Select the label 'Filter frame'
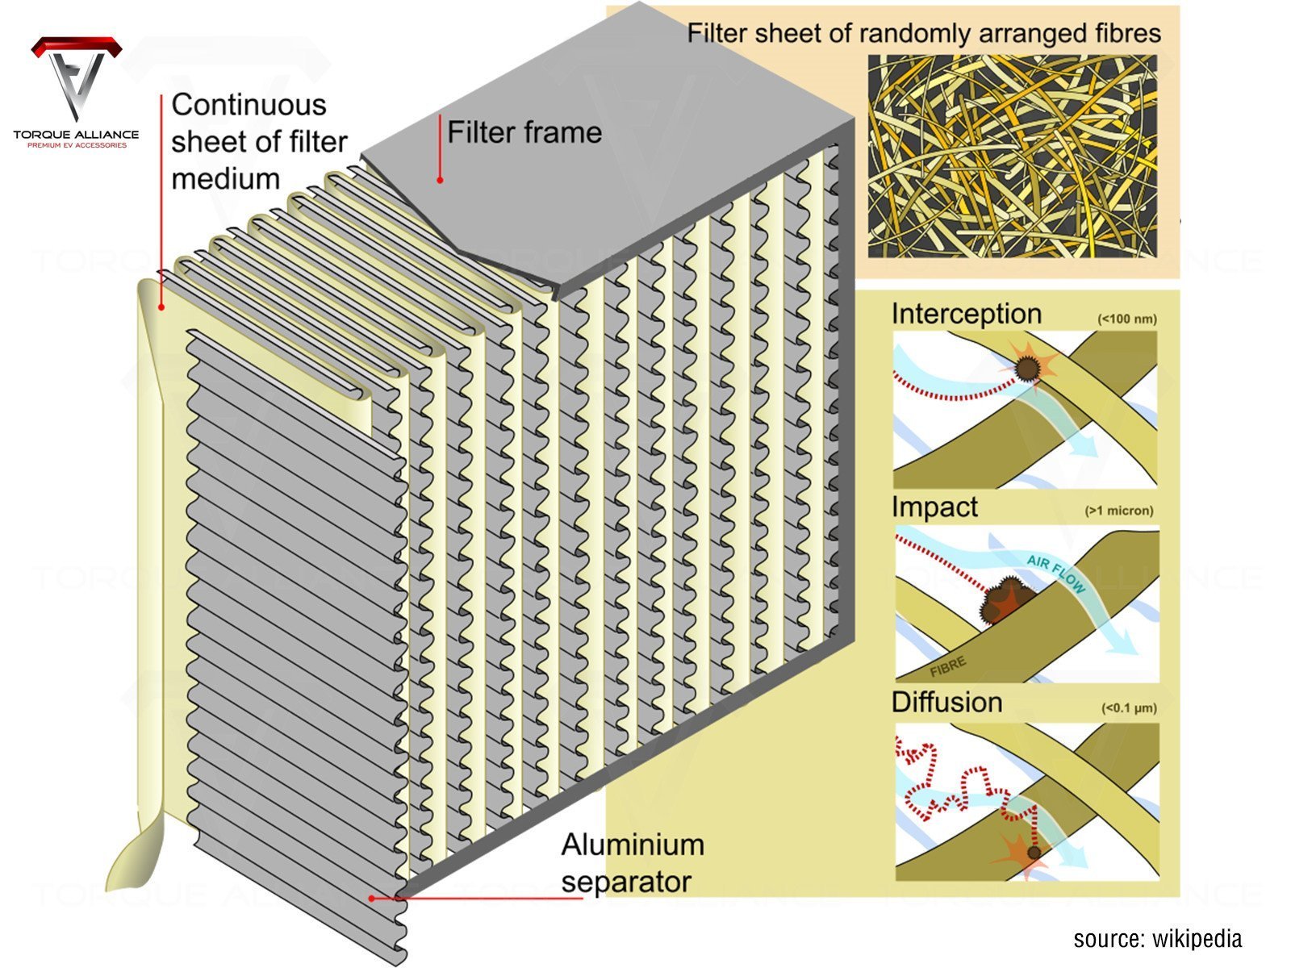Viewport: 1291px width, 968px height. click(524, 133)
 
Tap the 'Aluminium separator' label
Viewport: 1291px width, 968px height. click(633, 863)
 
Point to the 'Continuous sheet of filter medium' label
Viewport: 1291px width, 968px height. click(258, 141)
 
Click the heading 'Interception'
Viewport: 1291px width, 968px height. click(966, 314)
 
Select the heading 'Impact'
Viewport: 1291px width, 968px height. click(934, 507)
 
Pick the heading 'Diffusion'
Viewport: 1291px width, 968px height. click(946, 703)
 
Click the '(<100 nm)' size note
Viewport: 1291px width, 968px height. click(1126, 319)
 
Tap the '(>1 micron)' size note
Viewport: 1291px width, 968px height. click(1119, 511)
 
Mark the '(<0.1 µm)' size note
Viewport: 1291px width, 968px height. click(1129, 709)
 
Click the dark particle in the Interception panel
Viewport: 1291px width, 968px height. click(1026, 369)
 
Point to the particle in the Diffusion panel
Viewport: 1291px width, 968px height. click(1033, 852)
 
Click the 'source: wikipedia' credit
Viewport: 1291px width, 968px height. click(1157, 939)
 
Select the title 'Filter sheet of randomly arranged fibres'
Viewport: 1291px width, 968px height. click(924, 34)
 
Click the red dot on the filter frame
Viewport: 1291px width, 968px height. click(440, 180)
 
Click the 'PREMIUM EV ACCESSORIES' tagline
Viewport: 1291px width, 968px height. click(77, 145)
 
